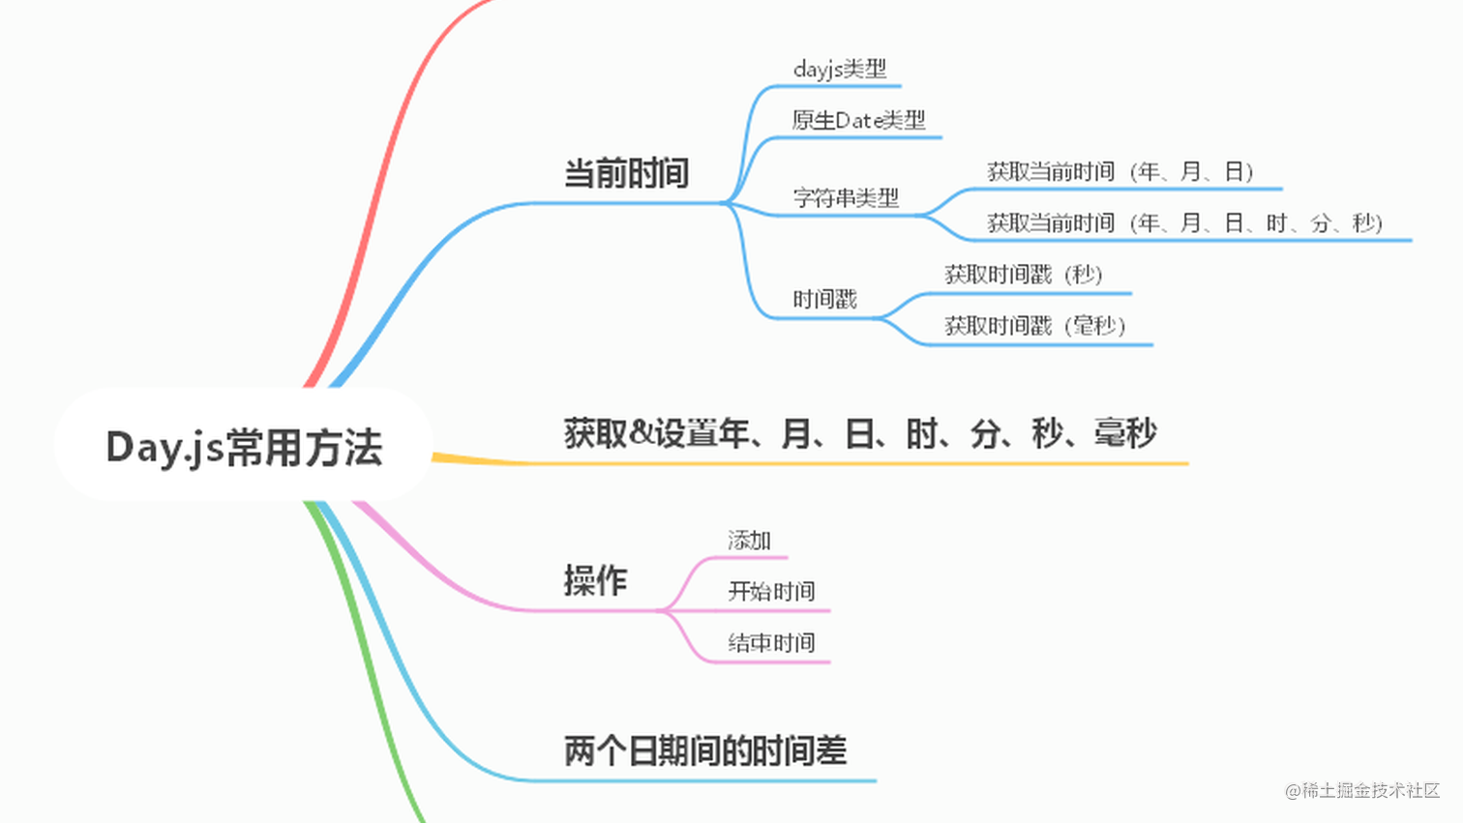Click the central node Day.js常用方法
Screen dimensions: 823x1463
click(x=244, y=447)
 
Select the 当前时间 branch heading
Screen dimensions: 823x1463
click(x=626, y=174)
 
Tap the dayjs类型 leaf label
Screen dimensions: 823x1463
click(x=839, y=70)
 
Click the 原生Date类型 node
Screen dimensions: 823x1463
click(x=858, y=121)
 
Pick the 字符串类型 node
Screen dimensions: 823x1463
click(x=846, y=198)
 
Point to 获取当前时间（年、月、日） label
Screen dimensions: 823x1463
click(x=1120, y=172)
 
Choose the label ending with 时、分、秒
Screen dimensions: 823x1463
click(x=1184, y=223)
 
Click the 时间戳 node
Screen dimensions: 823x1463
click(x=824, y=300)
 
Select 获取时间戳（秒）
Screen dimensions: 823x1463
click(x=1023, y=275)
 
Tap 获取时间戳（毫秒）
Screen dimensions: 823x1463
click(x=1034, y=326)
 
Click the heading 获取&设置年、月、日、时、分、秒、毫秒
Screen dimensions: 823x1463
click(x=859, y=433)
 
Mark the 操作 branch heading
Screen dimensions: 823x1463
click(x=595, y=580)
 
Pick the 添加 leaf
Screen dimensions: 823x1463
click(x=749, y=541)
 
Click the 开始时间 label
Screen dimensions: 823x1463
click(x=771, y=592)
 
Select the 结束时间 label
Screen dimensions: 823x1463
click(x=771, y=643)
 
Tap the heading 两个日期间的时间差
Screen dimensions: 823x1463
click(x=704, y=750)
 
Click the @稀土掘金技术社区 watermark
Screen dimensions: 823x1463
click(x=1362, y=790)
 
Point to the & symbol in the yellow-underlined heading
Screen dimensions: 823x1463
click(x=641, y=433)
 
